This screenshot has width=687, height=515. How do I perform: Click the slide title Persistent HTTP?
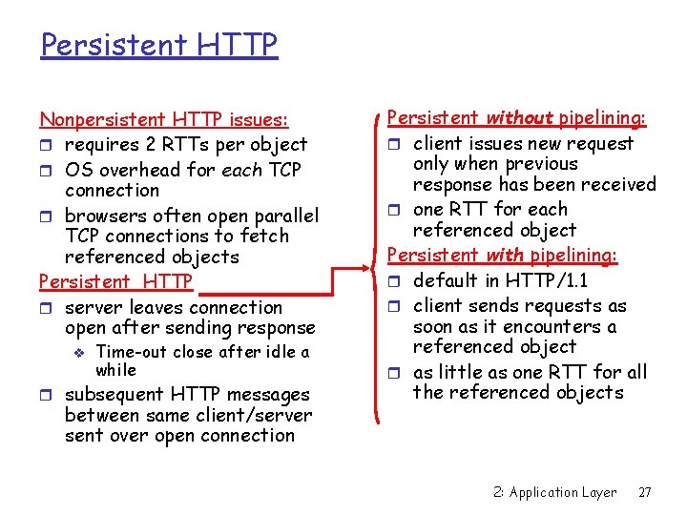coord(158,44)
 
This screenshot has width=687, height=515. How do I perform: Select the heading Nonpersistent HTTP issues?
coord(163,119)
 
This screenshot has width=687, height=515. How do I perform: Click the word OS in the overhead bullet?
coord(79,170)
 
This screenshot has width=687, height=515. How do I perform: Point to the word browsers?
coord(104,216)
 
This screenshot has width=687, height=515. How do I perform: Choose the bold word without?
coord(520,118)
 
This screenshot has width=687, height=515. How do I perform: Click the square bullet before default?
coord(395,281)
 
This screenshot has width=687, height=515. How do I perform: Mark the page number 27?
coord(644,492)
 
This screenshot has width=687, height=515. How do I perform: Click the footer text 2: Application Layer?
coord(555,492)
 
